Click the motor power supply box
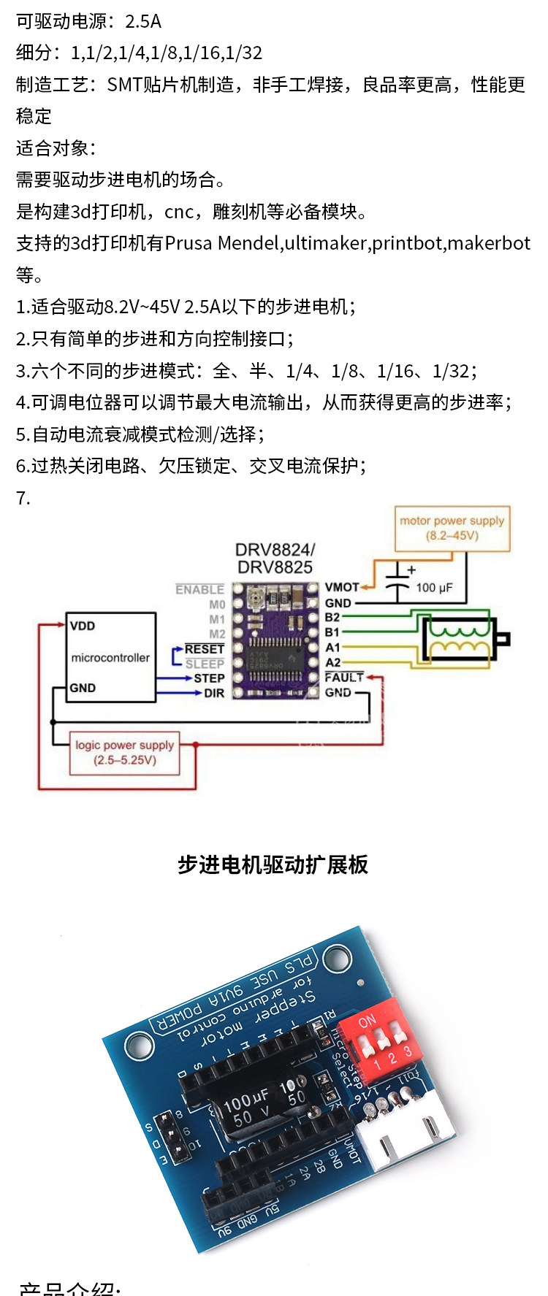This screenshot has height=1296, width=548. (452, 528)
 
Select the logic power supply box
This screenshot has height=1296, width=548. (124, 753)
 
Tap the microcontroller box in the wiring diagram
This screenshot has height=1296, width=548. (110, 657)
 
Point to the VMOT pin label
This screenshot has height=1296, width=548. (342, 587)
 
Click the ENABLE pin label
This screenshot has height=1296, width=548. (199, 589)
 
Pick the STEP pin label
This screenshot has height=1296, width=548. (209, 678)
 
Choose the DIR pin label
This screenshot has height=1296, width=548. (214, 693)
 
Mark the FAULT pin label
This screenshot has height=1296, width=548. (344, 678)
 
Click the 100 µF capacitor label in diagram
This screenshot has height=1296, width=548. (434, 588)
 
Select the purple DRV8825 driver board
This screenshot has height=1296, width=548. (276, 640)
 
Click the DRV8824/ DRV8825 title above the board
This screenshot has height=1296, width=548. (275, 559)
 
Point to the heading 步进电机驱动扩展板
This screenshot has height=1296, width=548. (273, 865)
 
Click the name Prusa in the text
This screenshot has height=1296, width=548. (189, 243)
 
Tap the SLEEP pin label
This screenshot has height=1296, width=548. (205, 664)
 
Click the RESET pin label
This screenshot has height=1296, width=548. (204, 649)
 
